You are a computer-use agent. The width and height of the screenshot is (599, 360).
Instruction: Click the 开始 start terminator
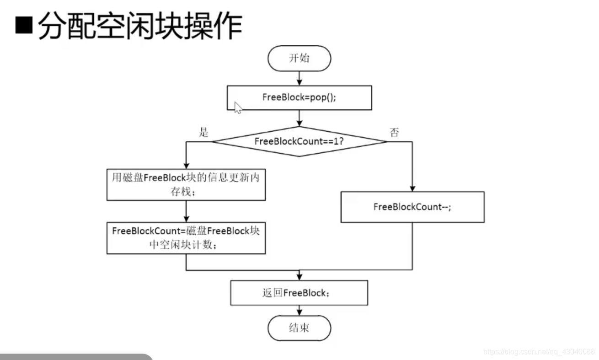[x=299, y=58]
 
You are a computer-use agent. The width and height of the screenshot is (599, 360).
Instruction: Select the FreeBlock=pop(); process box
[x=299, y=97]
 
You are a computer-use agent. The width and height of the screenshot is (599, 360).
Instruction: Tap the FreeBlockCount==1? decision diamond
[x=299, y=141]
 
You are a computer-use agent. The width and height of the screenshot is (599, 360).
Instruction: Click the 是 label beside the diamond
[x=203, y=133]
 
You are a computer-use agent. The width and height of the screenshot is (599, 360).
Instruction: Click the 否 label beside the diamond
[x=394, y=133]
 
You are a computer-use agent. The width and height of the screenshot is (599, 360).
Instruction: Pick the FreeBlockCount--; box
[x=412, y=207]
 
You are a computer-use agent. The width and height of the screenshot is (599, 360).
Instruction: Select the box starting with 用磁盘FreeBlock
[x=186, y=185]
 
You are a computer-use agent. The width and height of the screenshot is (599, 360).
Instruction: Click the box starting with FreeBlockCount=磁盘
[x=186, y=238]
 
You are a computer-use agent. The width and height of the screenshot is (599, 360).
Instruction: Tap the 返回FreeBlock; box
[x=299, y=293]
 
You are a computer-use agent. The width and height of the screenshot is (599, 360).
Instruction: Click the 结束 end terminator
[x=299, y=328]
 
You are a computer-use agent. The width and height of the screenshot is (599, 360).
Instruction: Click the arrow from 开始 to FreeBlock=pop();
[x=299, y=78]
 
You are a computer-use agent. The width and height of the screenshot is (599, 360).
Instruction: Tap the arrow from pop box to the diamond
[x=299, y=118]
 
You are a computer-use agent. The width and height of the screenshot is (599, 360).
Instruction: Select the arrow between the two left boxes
[x=186, y=211]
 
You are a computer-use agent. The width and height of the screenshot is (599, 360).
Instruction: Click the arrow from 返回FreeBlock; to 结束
[x=299, y=310]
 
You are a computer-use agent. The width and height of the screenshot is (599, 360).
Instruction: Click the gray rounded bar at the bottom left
[x=75, y=357]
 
